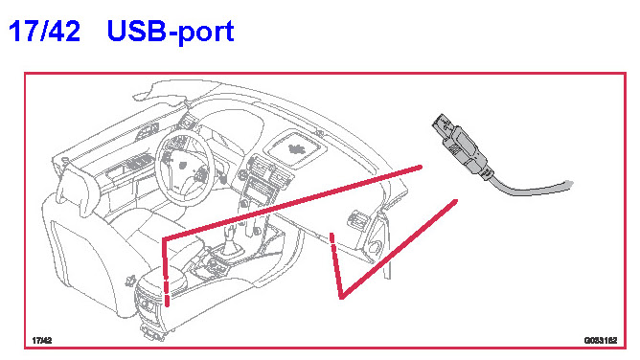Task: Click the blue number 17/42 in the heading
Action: (44, 31)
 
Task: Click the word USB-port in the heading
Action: (171, 32)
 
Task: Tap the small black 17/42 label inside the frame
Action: (42, 340)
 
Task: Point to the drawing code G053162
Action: (601, 340)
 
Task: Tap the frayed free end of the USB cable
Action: (568, 184)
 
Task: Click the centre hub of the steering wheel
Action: (182, 165)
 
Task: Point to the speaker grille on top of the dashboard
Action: (296, 149)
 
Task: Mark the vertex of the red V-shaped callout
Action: (341, 297)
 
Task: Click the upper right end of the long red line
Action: (420, 167)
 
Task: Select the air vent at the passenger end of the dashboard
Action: (355, 218)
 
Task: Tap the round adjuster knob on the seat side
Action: (131, 281)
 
